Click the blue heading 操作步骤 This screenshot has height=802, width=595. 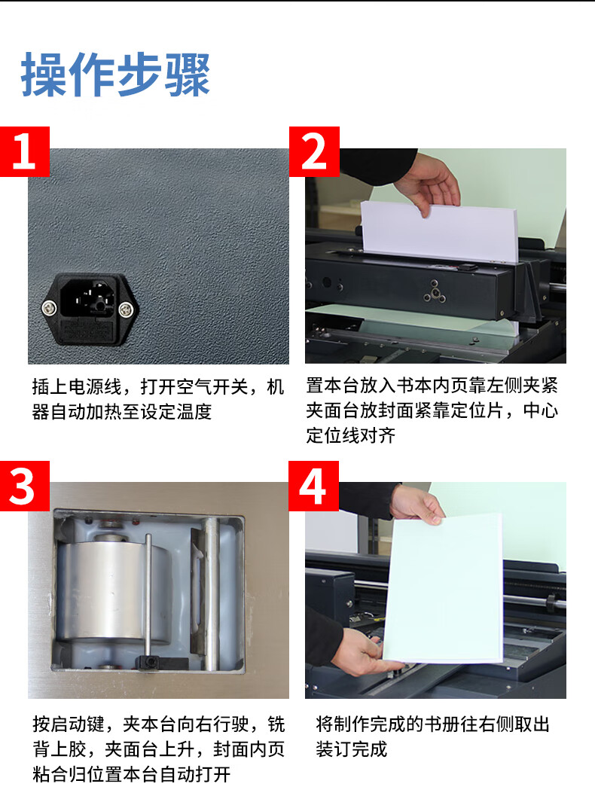[x=116, y=75]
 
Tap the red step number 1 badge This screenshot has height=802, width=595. [x=25, y=151]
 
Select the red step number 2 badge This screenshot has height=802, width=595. [x=314, y=151]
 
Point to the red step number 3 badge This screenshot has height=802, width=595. [x=25, y=486]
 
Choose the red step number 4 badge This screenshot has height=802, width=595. [x=313, y=486]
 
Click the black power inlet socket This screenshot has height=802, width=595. [x=90, y=309]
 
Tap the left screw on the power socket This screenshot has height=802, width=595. [x=49, y=308]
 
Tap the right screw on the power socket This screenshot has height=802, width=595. [x=126, y=309]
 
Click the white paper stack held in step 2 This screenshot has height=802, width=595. [x=440, y=233]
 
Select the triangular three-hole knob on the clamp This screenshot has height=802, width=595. [x=435, y=292]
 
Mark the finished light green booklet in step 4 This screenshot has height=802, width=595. [x=443, y=588]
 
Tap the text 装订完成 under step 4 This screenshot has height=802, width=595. [x=352, y=749]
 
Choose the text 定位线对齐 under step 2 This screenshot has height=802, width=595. [x=351, y=435]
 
